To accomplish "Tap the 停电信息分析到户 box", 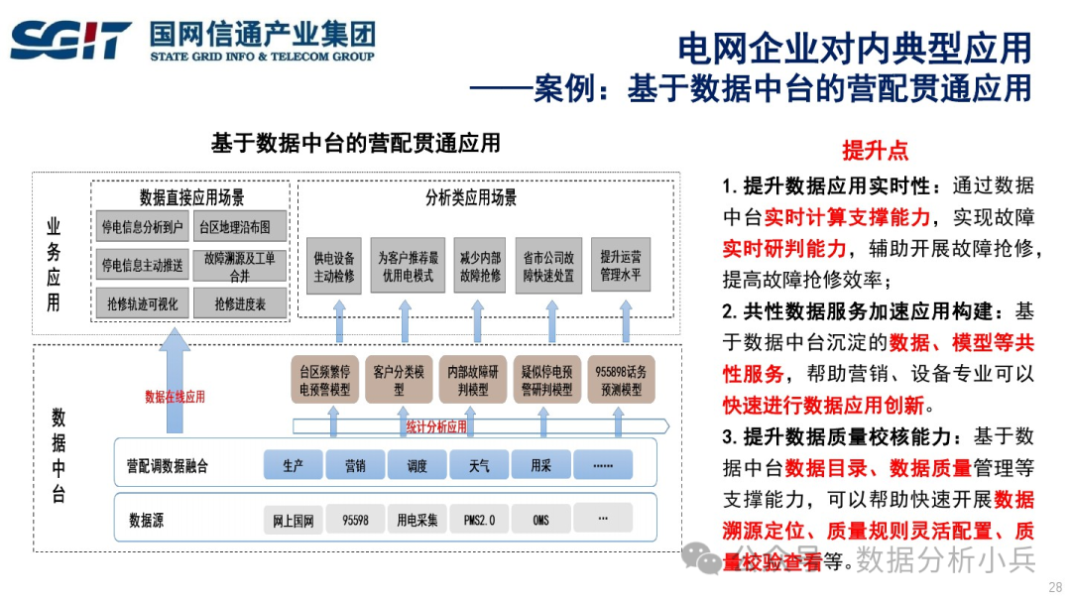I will point(143,227).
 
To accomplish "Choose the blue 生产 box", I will point(293,464).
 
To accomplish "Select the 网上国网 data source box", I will point(294,520).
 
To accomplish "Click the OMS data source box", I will point(540,519).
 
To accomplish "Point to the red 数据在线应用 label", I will point(175,397).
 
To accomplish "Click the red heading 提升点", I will point(875,151).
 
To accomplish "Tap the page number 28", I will point(1054,587).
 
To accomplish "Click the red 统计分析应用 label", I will point(436,427).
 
